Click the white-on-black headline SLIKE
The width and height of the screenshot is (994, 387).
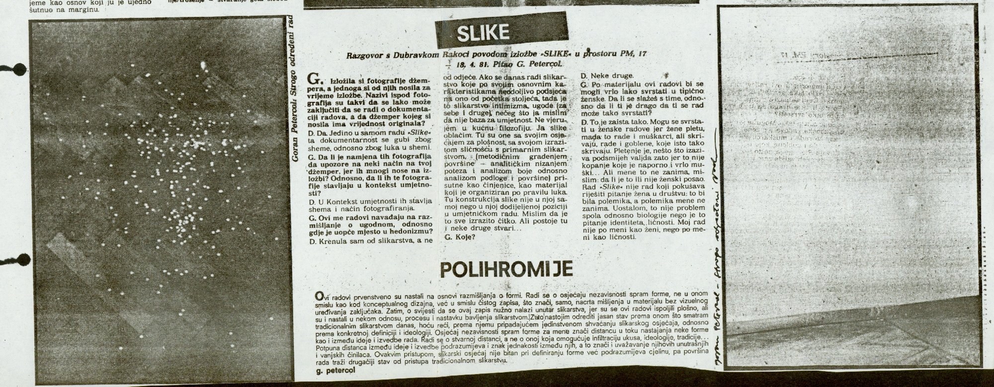pos(482,32)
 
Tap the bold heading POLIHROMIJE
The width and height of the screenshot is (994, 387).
pos(506,269)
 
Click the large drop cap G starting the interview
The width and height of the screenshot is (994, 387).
pos(314,79)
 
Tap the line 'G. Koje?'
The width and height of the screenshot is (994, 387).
pos(460,237)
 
